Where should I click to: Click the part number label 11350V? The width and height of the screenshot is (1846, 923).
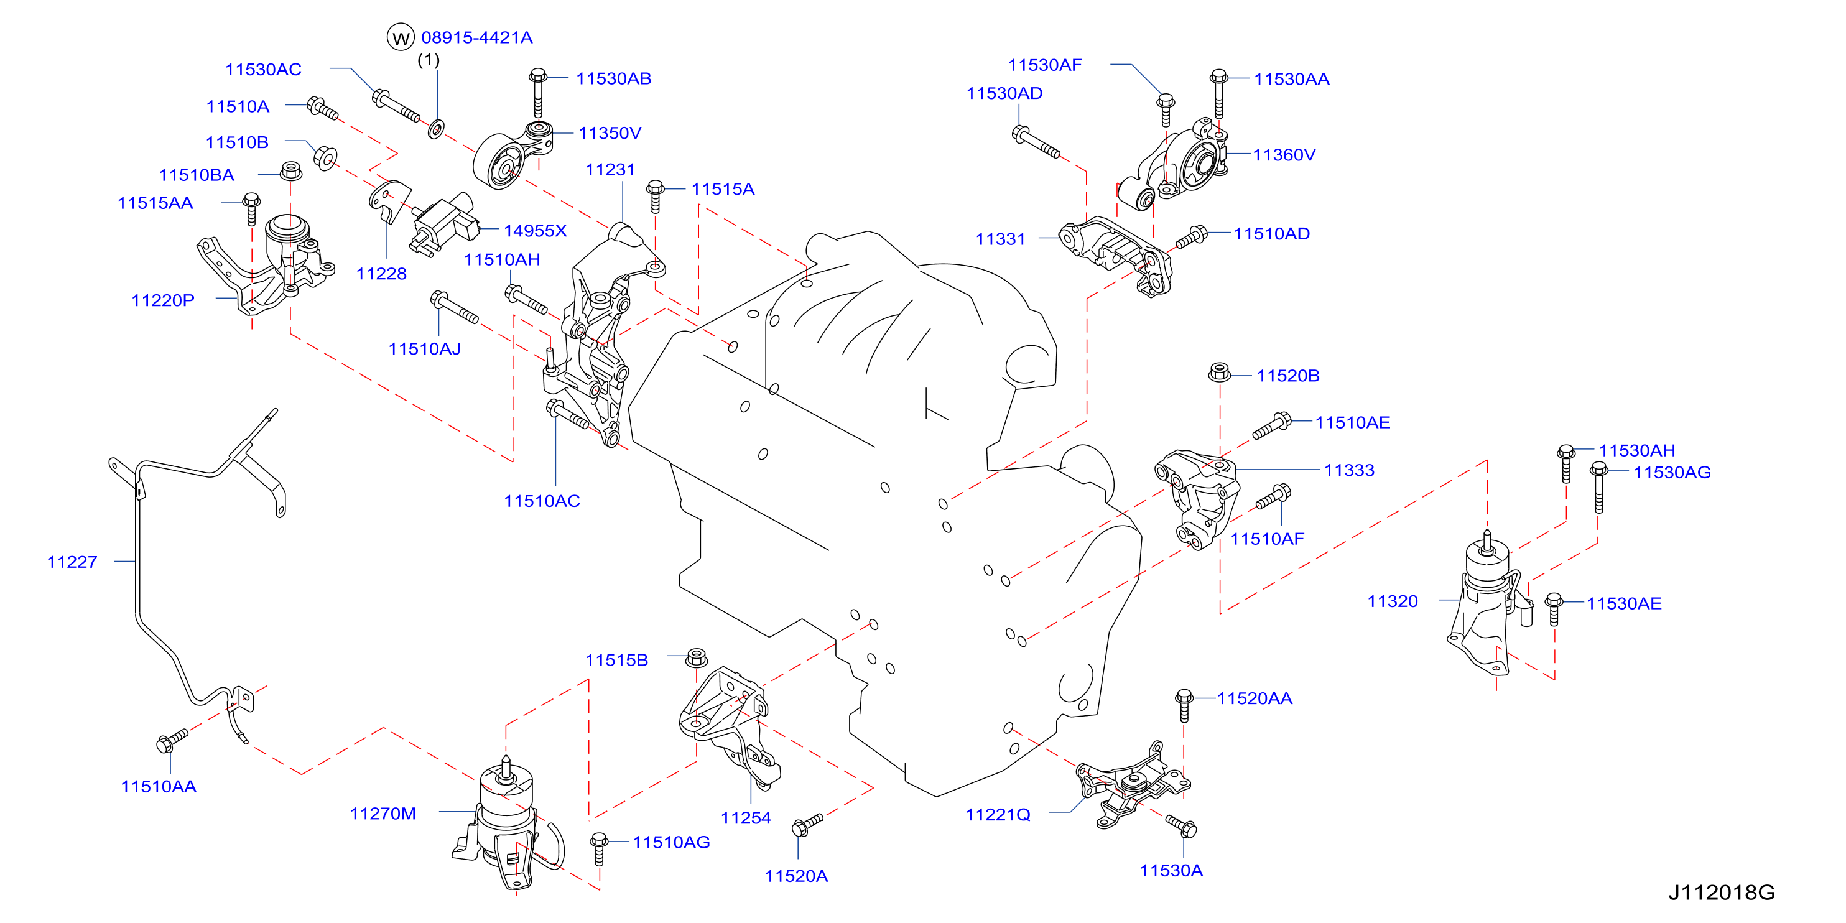pyautogui.click(x=609, y=133)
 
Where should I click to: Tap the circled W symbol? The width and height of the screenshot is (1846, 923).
pyautogui.click(x=401, y=37)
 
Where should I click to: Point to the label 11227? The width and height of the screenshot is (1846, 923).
pyautogui.click(x=72, y=562)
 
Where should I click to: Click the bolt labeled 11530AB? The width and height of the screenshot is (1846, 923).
pyautogui.click(x=538, y=93)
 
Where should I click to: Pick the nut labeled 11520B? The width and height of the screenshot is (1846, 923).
pyautogui.click(x=1220, y=372)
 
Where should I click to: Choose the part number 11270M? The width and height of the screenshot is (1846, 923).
pyautogui.click(x=383, y=814)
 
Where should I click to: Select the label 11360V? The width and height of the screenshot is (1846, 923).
pyautogui.click(x=1284, y=155)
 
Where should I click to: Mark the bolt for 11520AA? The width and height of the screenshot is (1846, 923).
pyautogui.click(x=1184, y=706)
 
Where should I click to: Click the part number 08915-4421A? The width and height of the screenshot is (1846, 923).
pyautogui.click(x=476, y=37)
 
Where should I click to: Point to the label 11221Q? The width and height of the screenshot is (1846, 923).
pyautogui.click(x=998, y=815)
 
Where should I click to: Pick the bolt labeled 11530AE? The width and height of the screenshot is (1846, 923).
pyautogui.click(x=1554, y=609)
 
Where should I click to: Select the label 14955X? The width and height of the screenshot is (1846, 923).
pyautogui.click(x=536, y=231)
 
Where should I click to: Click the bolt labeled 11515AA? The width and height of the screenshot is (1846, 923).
pyautogui.click(x=251, y=208)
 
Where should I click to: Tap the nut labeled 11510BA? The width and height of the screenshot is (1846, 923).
pyautogui.click(x=290, y=171)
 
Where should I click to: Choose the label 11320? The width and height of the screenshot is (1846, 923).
pyautogui.click(x=1393, y=601)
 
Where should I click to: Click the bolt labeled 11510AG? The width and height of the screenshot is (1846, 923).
pyautogui.click(x=600, y=849)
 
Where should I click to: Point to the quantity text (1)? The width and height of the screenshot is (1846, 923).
pyautogui.click(x=429, y=60)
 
